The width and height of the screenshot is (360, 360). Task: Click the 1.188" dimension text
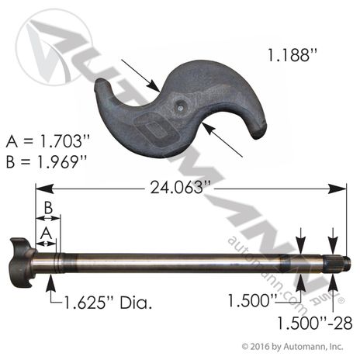(292, 55)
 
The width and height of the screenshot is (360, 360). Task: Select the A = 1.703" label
(47, 141)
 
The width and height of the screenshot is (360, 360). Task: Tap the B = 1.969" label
(47, 162)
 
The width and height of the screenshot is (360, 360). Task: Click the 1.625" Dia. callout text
(108, 303)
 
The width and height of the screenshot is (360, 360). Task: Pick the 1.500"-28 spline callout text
(315, 323)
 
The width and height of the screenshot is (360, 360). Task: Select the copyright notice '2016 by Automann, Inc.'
(292, 347)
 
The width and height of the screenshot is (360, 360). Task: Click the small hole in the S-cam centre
(181, 109)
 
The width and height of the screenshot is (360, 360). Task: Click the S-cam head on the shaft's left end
(22, 262)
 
